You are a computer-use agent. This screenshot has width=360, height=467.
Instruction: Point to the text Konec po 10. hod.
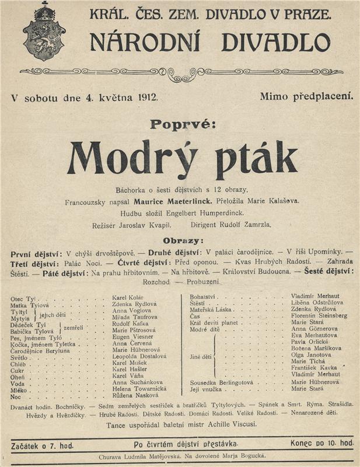pos(321,443)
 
